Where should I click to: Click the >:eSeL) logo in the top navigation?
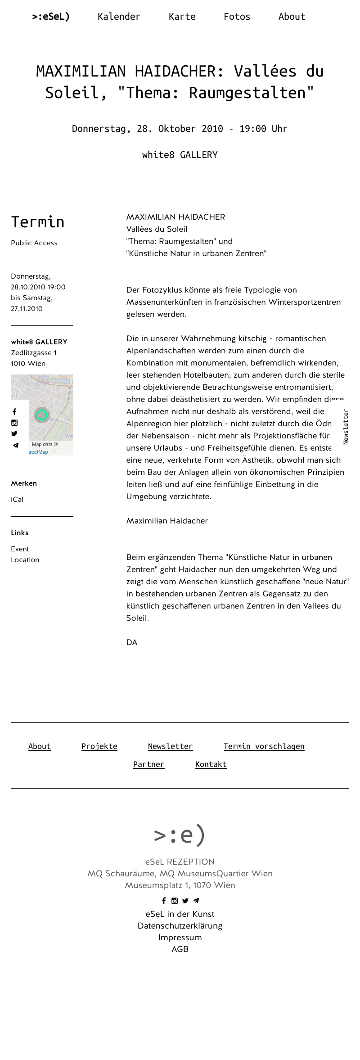tap(51, 17)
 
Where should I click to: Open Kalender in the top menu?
tap(119, 17)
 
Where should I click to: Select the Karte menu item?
tap(182, 17)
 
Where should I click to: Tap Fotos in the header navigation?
tap(237, 17)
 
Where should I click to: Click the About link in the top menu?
tap(292, 17)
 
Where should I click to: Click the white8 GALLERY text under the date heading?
tap(180, 155)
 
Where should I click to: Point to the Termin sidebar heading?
tap(38, 222)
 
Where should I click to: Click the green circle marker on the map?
tap(42, 415)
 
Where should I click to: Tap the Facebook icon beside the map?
tap(14, 412)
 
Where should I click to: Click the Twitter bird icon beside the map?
tap(14, 434)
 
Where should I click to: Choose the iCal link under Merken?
tap(17, 500)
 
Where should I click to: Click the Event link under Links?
tap(20, 549)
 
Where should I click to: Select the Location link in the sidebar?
tap(25, 560)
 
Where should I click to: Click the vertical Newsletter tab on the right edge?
tap(346, 427)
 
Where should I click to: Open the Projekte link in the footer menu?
tap(99, 746)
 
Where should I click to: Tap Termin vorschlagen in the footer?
tap(264, 746)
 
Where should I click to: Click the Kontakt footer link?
tap(211, 764)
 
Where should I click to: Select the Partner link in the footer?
tap(148, 764)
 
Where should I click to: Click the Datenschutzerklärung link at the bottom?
tap(180, 926)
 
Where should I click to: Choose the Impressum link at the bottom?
tap(180, 938)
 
